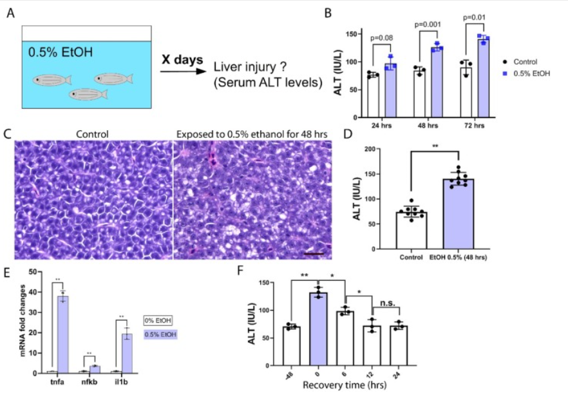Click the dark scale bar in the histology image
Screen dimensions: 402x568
[312, 253]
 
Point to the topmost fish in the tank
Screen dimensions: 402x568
[113, 78]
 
